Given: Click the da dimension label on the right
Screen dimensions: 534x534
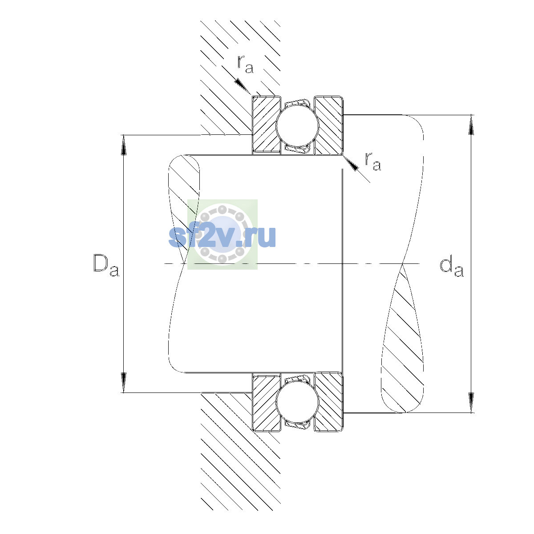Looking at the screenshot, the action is [451, 267].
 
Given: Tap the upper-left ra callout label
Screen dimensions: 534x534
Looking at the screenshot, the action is [245, 64].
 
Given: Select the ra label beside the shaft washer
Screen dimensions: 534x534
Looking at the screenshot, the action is [373, 161].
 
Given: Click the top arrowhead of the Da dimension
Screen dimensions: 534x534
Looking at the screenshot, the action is [124, 145].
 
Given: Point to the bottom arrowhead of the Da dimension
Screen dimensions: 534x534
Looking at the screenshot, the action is [124, 382].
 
